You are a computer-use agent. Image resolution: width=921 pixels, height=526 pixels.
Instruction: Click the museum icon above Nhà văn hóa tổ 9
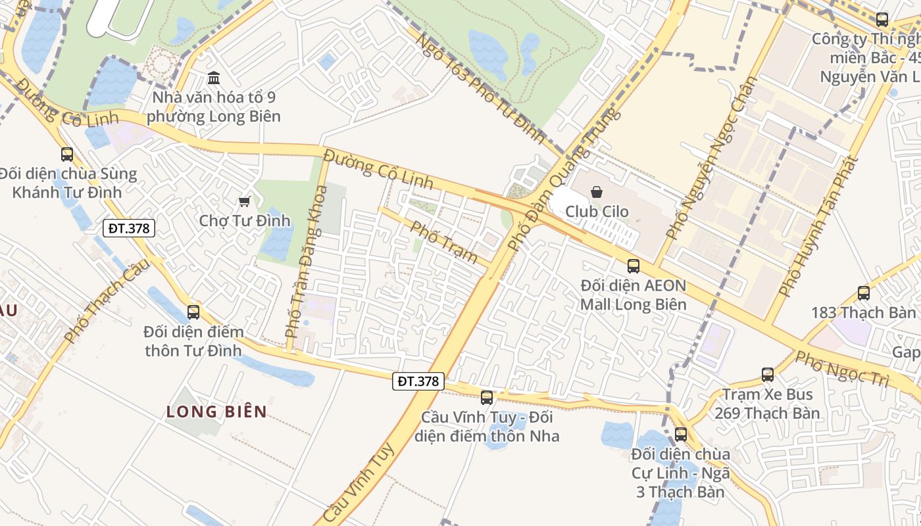[x=214, y=79]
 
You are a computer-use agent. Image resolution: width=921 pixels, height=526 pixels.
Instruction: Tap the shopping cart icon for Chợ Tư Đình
[x=245, y=201]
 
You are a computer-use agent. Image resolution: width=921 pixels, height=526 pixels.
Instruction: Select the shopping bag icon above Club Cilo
[x=597, y=192]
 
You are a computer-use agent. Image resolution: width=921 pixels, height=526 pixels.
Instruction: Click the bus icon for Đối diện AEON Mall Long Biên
[x=634, y=266]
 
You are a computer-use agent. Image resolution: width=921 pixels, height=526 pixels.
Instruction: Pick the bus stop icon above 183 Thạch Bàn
[x=864, y=293]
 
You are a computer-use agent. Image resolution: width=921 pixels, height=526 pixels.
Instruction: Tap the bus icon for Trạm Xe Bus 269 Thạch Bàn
[x=768, y=375]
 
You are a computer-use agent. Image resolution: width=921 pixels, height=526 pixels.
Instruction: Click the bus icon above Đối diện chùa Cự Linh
[x=681, y=435]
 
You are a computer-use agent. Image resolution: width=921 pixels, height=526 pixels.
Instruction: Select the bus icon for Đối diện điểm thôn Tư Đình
[x=193, y=312]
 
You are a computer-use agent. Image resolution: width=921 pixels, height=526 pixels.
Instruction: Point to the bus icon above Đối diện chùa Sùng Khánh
[x=67, y=155]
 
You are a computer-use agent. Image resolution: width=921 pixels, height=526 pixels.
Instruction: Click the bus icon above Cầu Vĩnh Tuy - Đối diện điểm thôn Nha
[x=487, y=397]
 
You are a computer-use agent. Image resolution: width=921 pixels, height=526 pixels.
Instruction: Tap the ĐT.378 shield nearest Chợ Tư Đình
[x=129, y=228]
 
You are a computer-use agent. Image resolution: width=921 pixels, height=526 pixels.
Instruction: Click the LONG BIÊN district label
[x=216, y=412]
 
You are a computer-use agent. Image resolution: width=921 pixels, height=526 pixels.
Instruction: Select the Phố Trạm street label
[x=443, y=242]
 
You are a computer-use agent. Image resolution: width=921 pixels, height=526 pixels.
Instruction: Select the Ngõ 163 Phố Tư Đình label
[x=480, y=88]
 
